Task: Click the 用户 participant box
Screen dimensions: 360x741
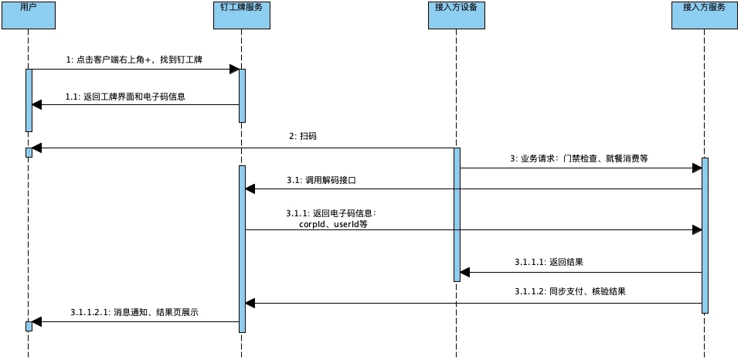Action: (x=28, y=15)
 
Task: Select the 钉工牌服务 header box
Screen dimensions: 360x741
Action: (x=241, y=15)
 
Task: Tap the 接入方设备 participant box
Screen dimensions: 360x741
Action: (x=456, y=15)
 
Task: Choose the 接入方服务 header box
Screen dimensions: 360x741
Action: (x=704, y=15)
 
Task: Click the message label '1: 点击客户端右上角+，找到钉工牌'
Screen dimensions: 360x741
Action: (x=134, y=59)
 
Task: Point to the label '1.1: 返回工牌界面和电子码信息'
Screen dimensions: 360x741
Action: (x=125, y=97)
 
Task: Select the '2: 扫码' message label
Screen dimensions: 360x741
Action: (x=302, y=136)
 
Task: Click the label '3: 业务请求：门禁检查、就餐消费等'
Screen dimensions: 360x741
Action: (x=579, y=158)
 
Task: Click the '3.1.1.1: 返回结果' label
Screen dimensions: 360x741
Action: (x=549, y=262)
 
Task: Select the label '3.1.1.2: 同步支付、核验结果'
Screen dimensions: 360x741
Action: (x=569, y=292)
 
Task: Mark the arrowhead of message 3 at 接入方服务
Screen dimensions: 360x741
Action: (x=696, y=168)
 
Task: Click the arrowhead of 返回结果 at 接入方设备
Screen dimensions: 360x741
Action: (x=464, y=272)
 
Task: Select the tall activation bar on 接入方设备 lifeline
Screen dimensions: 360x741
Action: (x=457, y=214)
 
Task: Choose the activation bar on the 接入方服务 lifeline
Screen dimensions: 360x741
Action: (x=705, y=236)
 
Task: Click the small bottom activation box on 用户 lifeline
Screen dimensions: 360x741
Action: (x=29, y=326)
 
